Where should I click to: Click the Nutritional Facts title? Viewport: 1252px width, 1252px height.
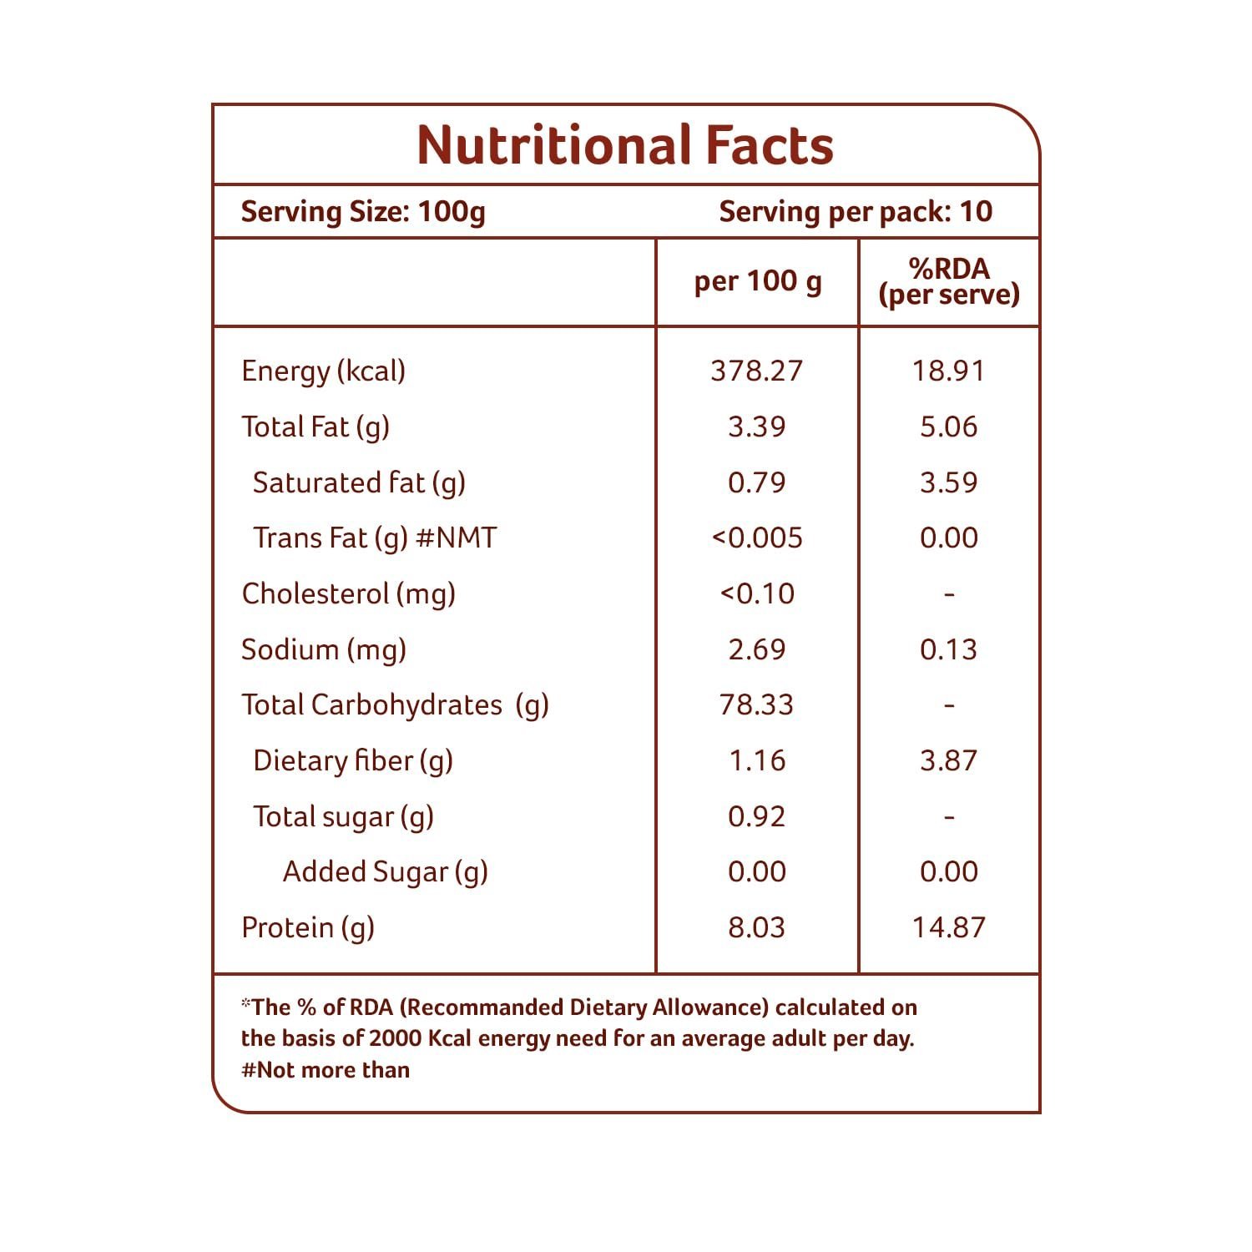(x=625, y=145)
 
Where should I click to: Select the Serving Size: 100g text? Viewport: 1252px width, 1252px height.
(x=363, y=212)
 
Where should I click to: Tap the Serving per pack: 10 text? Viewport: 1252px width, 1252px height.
(x=856, y=212)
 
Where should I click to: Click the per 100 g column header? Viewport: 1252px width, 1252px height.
(x=758, y=282)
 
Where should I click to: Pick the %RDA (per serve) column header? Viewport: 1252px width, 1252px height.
(x=949, y=281)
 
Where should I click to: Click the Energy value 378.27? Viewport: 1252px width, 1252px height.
(x=757, y=371)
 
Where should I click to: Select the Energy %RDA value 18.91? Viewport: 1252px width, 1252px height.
(x=949, y=371)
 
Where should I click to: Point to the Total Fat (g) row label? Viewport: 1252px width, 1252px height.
(x=316, y=427)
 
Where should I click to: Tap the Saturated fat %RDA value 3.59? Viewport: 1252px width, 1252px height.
(x=949, y=482)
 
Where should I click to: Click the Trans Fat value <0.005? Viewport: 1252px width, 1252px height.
(x=757, y=538)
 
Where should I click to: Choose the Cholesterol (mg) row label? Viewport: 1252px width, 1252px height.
(x=349, y=594)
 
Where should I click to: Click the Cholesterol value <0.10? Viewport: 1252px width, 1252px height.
(x=757, y=593)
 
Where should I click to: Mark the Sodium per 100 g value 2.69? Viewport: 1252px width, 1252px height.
(x=757, y=649)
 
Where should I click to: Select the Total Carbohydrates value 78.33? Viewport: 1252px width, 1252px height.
(x=757, y=704)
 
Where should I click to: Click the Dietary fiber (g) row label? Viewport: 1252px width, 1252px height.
(x=353, y=761)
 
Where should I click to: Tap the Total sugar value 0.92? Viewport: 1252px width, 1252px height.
(x=757, y=816)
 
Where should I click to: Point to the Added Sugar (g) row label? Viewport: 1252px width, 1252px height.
(x=386, y=872)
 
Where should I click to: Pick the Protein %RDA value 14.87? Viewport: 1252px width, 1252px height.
(x=949, y=927)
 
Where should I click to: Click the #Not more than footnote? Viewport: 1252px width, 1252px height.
(x=326, y=1070)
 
